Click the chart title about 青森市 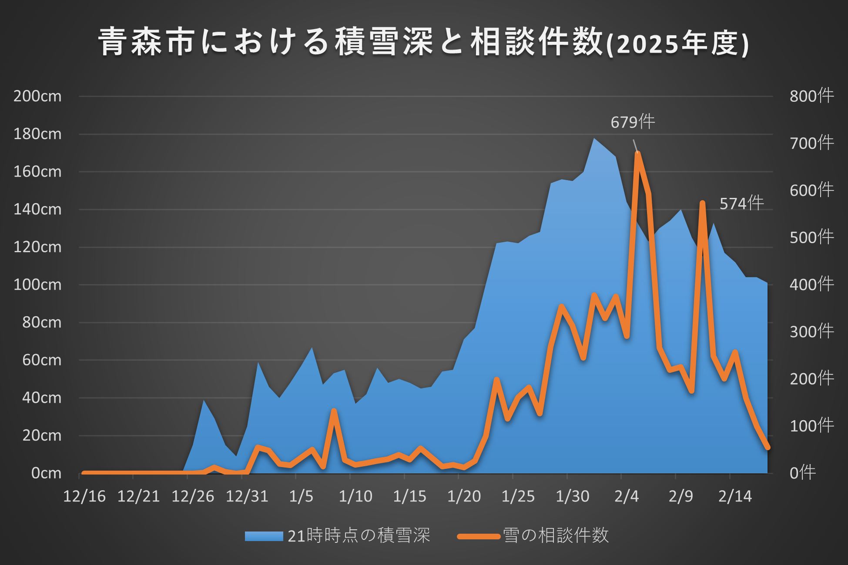coord(424,42)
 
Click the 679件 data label coord(633,122)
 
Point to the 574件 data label coord(741,204)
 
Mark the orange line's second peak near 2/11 coord(702,203)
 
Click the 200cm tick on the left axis coord(37,96)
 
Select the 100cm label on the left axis coord(37,285)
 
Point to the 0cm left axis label coord(46,473)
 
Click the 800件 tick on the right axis coord(812,96)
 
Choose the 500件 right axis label coord(812,237)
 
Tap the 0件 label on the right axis coord(803,473)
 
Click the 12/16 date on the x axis coord(84,496)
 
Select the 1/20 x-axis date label coord(464,496)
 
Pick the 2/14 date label coord(735,496)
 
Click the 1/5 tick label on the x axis coord(301,496)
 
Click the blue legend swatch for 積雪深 coord(264,536)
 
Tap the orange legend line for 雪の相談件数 coord(479,536)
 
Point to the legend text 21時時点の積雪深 coord(359,536)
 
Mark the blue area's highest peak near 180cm coord(594,139)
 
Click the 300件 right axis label coord(812,332)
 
